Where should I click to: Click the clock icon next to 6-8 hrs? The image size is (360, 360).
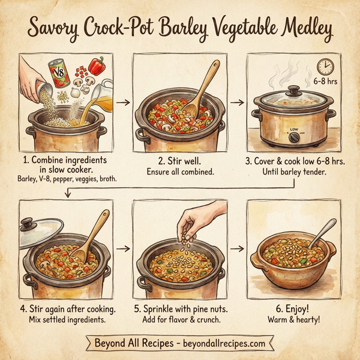326,66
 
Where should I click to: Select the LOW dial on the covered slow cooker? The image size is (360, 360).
294,136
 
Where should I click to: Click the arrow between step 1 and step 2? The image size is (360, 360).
122,103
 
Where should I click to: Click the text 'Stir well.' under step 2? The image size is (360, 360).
179,161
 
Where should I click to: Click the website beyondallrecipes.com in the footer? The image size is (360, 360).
220,343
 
